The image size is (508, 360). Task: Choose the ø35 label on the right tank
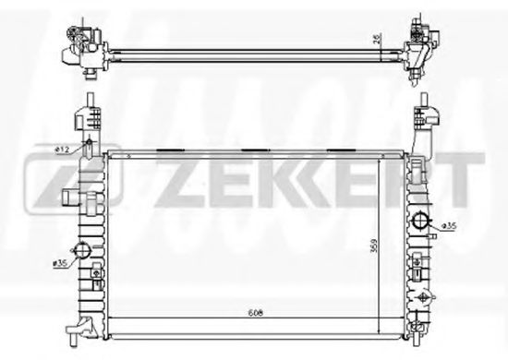(446, 226)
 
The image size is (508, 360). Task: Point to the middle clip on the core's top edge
(252, 149)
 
